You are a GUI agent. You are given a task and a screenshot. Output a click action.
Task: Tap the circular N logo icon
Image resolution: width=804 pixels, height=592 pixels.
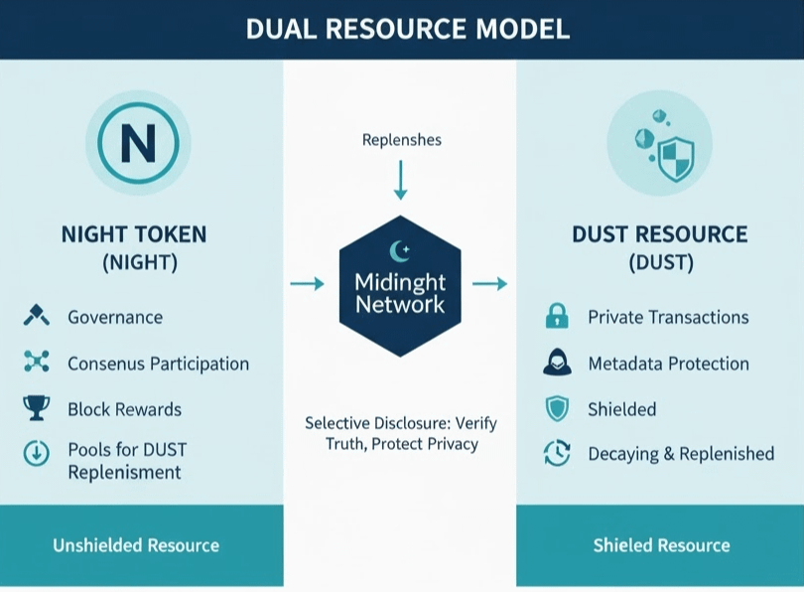point(137,145)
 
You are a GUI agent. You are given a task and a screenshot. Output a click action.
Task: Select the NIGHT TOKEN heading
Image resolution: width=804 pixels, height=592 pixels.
point(134,235)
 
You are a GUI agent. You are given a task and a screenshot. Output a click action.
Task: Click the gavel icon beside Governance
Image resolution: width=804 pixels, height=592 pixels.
point(36,317)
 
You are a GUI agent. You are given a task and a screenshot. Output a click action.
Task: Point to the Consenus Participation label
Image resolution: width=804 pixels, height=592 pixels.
point(158,364)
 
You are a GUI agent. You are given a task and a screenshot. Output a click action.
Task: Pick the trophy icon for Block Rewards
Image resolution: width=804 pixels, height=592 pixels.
point(36,408)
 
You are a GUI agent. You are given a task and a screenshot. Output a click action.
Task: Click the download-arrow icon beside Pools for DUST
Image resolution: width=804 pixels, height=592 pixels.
point(36,454)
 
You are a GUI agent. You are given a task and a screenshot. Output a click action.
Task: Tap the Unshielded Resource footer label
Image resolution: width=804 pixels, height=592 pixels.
point(136,545)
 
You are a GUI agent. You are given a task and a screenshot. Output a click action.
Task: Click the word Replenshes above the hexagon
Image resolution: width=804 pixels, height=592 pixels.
point(400,140)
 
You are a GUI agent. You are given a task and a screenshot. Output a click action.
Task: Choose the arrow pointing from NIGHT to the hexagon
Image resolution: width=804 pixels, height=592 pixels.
point(307,284)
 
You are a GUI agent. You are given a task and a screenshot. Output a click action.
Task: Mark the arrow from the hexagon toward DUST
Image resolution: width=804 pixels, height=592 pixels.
point(489,284)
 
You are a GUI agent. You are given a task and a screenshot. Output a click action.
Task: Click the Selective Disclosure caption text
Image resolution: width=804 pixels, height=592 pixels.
point(401,433)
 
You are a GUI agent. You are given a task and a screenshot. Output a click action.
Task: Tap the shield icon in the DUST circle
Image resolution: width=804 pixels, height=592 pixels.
point(675,154)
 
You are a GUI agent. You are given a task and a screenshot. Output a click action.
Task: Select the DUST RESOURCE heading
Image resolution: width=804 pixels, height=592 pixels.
point(659,235)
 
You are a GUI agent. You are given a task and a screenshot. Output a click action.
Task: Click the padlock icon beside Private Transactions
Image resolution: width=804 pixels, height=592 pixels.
point(557,317)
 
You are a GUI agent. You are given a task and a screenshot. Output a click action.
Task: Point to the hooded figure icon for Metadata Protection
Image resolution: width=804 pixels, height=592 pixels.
point(557,363)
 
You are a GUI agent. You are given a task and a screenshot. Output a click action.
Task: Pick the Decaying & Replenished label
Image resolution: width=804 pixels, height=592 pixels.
point(680,454)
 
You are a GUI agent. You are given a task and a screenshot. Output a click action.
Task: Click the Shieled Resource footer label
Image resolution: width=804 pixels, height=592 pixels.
point(661,545)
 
